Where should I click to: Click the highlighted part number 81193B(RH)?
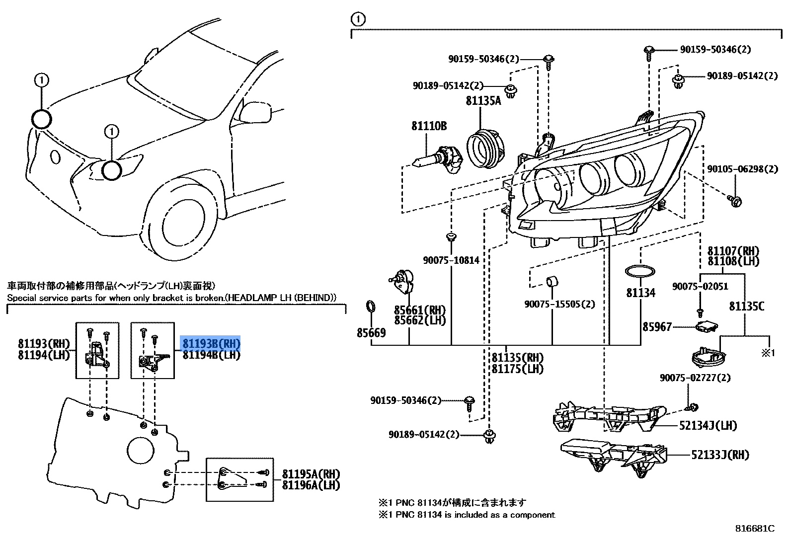(x=211, y=344)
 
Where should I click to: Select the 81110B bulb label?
(x=428, y=126)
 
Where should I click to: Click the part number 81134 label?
(x=640, y=293)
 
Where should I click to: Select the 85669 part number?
(x=371, y=332)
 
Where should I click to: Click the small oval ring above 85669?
(x=370, y=307)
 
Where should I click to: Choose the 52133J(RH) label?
(x=720, y=455)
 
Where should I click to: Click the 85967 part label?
(x=657, y=326)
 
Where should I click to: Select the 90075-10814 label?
(x=451, y=260)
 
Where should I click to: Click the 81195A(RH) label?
(x=311, y=473)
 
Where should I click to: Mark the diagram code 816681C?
(x=755, y=529)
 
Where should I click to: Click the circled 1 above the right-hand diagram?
(x=357, y=19)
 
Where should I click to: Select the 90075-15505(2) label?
(x=559, y=304)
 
